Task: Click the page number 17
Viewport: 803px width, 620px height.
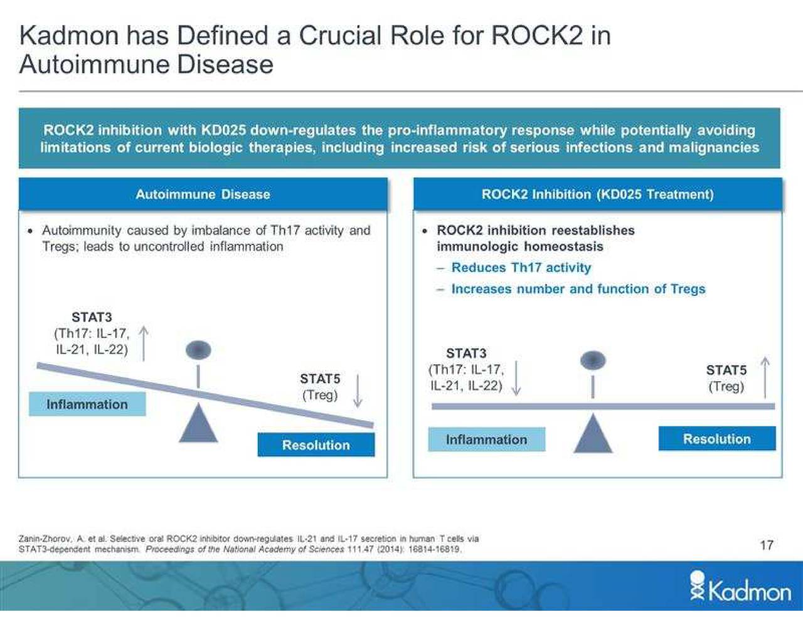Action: tap(767, 545)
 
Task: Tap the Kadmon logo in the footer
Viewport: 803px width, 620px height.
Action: tap(741, 588)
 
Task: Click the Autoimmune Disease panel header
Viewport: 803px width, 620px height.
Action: tap(203, 194)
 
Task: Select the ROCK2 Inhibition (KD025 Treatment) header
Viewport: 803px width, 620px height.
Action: tap(597, 194)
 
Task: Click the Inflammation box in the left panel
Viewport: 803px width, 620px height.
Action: tap(87, 404)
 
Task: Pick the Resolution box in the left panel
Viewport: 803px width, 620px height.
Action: tap(316, 445)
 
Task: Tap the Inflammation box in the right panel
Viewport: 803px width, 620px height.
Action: tap(486, 439)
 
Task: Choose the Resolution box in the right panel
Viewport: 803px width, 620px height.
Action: tap(716, 439)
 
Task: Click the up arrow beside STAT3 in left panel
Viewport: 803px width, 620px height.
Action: tap(144, 344)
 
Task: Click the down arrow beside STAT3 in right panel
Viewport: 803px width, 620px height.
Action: tap(516, 377)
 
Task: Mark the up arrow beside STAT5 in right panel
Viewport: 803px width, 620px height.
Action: tap(765, 377)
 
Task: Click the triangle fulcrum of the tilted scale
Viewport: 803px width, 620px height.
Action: tap(198, 424)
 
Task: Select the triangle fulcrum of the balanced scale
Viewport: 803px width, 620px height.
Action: tap(592, 434)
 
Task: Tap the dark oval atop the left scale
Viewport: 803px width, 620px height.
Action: tap(198, 350)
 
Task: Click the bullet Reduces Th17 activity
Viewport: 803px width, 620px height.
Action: tap(521, 268)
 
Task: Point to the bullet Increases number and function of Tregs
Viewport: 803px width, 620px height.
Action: tap(578, 289)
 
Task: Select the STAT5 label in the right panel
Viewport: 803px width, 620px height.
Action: tap(726, 370)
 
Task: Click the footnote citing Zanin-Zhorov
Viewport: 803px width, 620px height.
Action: tap(248, 544)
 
